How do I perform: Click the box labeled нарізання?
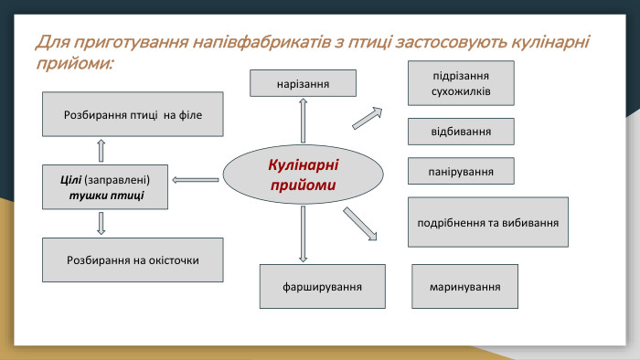point(303,84)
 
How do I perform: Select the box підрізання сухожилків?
point(461,83)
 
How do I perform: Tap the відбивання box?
point(461,132)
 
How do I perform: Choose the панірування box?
point(461,171)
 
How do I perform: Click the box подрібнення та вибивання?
point(487,222)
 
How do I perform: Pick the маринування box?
point(464,286)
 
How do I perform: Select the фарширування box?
point(322,286)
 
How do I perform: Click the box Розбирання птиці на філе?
point(133,114)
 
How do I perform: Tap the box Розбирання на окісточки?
point(133,259)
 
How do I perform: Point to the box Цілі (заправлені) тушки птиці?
point(106,186)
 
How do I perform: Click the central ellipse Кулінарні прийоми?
point(303,175)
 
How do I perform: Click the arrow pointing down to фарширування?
point(303,234)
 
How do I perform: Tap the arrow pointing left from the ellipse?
point(196,180)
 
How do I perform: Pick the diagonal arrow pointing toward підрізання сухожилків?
point(367,117)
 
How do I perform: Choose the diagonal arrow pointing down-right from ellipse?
point(360,225)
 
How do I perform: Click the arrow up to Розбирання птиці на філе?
point(101,150)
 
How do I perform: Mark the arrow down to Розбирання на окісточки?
point(101,223)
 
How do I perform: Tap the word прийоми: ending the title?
point(74,64)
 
